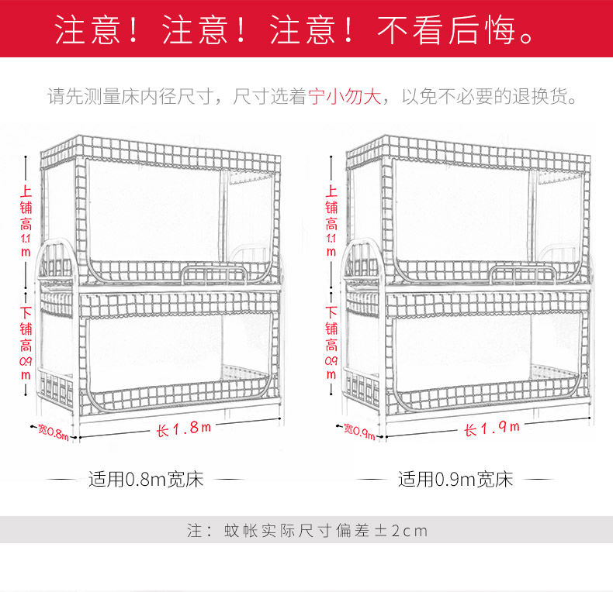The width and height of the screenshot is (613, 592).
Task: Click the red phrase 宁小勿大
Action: coord(345,96)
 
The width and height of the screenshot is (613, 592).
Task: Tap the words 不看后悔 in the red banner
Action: coord(446,30)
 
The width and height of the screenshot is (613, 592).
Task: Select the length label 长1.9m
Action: coord(492,429)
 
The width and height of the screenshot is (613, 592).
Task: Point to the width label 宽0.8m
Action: coord(54,432)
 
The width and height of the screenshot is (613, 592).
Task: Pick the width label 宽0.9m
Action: coord(360,431)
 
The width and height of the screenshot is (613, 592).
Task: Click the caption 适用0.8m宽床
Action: coord(146,479)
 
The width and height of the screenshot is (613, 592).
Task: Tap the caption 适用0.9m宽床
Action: coord(455,479)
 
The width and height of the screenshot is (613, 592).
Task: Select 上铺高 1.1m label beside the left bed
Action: coord(26,221)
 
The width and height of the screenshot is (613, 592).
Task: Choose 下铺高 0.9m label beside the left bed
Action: coord(26,342)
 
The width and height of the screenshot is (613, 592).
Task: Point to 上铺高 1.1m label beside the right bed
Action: coord(331,221)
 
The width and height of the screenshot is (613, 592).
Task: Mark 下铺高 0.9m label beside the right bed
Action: coord(331,342)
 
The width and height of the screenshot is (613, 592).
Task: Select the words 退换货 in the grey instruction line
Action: coord(539,96)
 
